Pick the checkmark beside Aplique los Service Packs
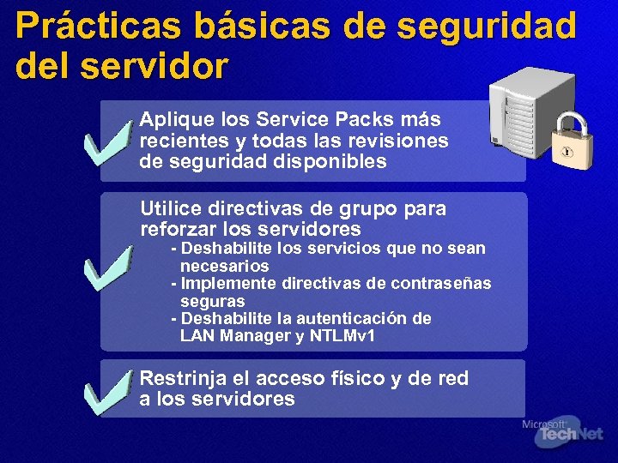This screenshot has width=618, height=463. click(x=109, y=144)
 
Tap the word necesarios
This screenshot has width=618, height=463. click(x=224, y=266)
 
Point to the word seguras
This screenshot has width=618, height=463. click(x=212, y=302)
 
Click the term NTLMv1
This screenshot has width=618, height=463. click(x=348, y=336)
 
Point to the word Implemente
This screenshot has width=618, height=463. click(x=223, y=284)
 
